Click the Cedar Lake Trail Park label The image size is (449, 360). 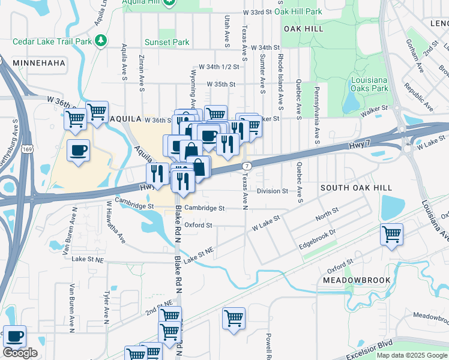coord(53,41)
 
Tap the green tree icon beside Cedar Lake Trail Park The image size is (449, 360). coord(103,41)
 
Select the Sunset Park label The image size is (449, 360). coord(167,43)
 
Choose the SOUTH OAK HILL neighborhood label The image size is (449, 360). coord(352,188)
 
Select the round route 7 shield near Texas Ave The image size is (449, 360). coord(246,166)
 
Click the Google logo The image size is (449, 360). coord(20,352)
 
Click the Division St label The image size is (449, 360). coord(273,191)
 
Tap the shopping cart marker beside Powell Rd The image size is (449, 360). coord(234,317)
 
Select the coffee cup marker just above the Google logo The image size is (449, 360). coord(14,335)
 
